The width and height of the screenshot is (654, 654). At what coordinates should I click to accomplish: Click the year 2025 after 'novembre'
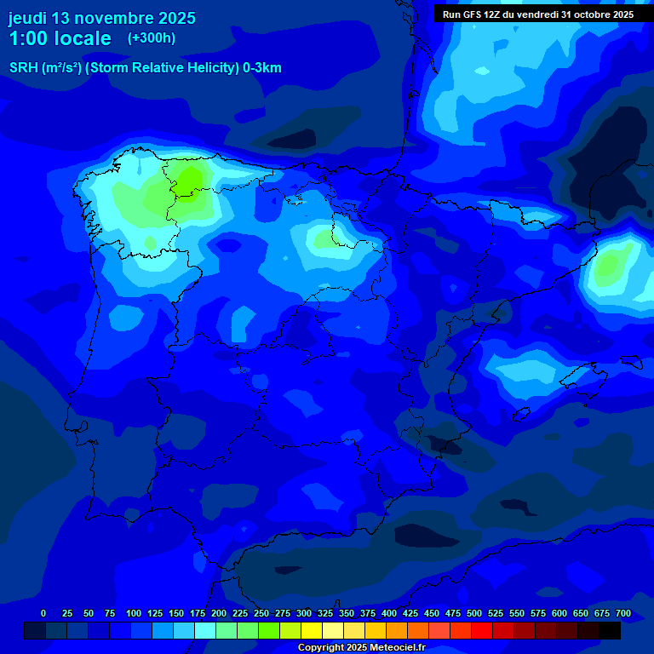click(175, 17)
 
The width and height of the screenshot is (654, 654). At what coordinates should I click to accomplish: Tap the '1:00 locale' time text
click(60, 38)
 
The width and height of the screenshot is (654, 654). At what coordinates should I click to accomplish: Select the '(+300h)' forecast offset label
click(151, 38)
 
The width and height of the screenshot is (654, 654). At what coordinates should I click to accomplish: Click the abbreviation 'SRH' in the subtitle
click(24, 68)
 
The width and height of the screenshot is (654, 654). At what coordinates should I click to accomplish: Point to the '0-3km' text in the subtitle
click(261, 68)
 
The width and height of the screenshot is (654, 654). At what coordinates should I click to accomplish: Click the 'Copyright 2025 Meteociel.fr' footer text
click(361, 648)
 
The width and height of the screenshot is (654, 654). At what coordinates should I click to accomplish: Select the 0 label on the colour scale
click(43, 613)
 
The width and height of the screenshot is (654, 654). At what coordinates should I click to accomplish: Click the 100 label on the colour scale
click(134, 613)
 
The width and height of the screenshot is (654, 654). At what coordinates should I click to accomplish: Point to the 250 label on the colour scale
click(261, 613)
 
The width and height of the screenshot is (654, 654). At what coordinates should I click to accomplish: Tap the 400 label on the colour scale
click(389, 613)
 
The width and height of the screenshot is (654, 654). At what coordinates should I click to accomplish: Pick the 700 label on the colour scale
click(623, 613)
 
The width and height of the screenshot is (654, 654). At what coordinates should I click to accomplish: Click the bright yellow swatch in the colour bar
click(312, 630)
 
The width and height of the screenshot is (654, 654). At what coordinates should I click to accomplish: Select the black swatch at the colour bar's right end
click(610, 630)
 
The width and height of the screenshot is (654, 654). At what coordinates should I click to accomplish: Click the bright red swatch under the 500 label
click(482, 630)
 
